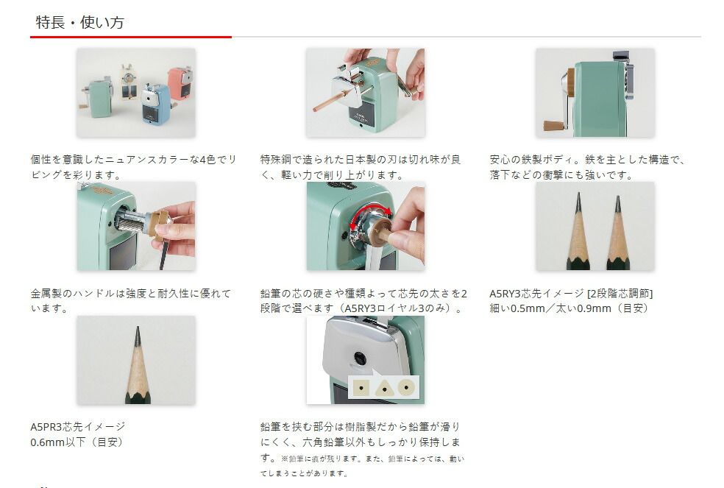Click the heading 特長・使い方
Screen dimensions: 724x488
click(x=80, y=22)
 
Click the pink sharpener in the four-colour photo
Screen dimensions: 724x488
click(x=180, y=82)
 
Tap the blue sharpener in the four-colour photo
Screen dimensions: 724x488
click(x=156, y=105)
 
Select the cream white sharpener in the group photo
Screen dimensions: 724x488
click(x=129, y=82)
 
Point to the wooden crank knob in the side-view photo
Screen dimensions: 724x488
click(x=554, y=126)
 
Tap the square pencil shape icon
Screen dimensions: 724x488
click(x=361, y=387)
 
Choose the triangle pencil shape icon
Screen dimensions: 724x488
click(x=383, y=388)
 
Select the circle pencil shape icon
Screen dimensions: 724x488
click(x=406, y=387)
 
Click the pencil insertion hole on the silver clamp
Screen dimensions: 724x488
click(x=360, y=358)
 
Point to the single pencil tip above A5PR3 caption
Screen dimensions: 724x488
click(x=138, y=336)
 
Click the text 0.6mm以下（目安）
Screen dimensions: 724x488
click(x=77, y=442)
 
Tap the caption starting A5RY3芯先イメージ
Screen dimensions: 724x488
click(x=571, y=294)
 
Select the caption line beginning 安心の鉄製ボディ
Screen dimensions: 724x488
click(x=587, y=160)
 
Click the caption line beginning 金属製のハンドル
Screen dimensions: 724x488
click(x=131, y=294)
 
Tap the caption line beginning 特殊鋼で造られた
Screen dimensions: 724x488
click(x=360, y=160)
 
